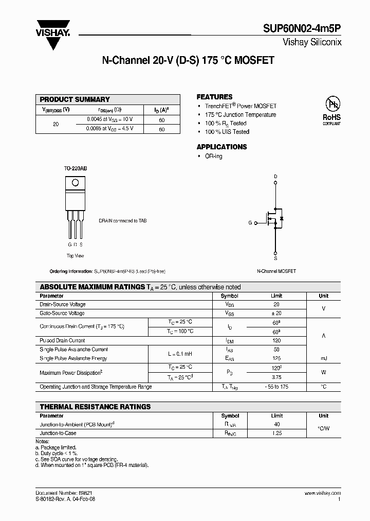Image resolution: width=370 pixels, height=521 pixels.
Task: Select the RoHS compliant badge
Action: (x=331, y=110)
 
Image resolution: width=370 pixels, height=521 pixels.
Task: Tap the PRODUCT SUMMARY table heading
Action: (x=75, y=99)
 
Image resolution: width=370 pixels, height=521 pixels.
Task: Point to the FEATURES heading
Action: (x=214, y=97)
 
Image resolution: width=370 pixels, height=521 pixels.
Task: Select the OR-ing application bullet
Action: (x=213, y=156)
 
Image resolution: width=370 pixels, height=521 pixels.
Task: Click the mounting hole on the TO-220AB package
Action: (x=75, y=182)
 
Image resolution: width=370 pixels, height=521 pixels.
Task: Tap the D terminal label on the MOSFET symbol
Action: (x=275, y=177)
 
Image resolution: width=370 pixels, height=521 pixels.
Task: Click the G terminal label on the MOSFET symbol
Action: (x=250, y=223)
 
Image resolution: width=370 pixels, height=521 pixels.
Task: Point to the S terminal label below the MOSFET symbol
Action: (x=275, y=259)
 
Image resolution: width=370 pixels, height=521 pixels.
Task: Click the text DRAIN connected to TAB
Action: (x=122, y=220)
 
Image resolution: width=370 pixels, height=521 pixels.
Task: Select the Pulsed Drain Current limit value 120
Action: (x=276, y=341)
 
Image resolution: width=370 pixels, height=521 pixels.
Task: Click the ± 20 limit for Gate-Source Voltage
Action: (x=276, y=313)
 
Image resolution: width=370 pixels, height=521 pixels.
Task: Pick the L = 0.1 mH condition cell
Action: (x=180, y=354)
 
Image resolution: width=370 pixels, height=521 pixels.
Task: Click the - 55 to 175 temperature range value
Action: (x=276, y=386)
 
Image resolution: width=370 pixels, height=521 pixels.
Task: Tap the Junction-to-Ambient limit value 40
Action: (x=276, y=424)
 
